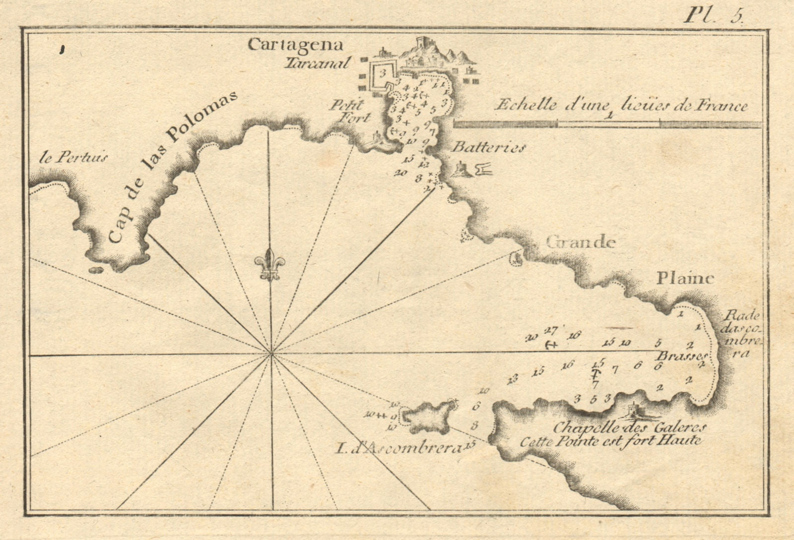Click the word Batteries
(x=488, y=148)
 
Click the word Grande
(x=581, y=242)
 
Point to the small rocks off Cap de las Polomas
(x=96, y=270)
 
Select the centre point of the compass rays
(x=271, y=354)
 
